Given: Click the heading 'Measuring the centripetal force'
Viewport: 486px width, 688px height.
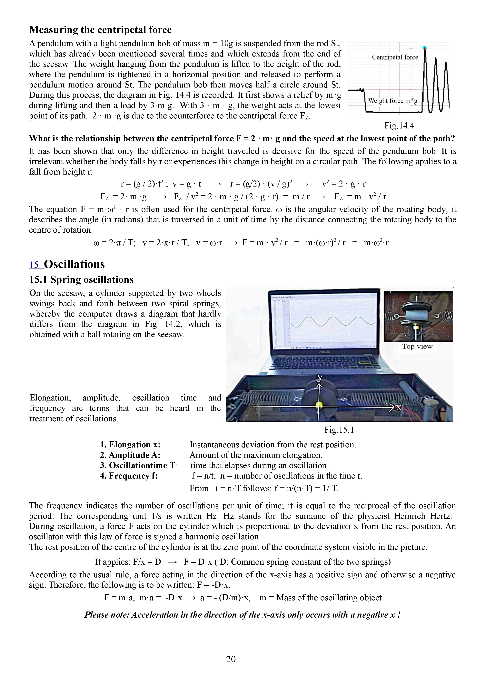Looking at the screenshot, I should [x=100, y=30].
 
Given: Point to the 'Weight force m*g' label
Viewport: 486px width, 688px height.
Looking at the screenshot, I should [x=392, y=101].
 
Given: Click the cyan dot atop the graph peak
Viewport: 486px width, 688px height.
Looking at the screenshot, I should [x=424, y=48].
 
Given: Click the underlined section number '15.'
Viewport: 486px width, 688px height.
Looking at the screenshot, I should [x=36, y=265].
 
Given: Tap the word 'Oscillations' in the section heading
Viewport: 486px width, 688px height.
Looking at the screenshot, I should [x=74, y=264].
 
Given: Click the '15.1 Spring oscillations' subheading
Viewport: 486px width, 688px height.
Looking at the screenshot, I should [x=81, y=280].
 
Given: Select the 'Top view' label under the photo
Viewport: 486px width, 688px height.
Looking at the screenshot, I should [x=417, y=346].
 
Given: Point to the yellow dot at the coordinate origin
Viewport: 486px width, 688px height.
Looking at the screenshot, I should [x=319, y=405].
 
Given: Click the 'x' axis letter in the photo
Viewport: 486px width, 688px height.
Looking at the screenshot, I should [x=398, y=408].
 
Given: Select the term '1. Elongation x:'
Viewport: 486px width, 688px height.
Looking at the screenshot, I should [x=130, y=445].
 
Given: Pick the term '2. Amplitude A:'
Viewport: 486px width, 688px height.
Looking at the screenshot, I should [x=130, y=455].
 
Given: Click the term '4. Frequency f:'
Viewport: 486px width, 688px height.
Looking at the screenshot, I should [x=129, y=476].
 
